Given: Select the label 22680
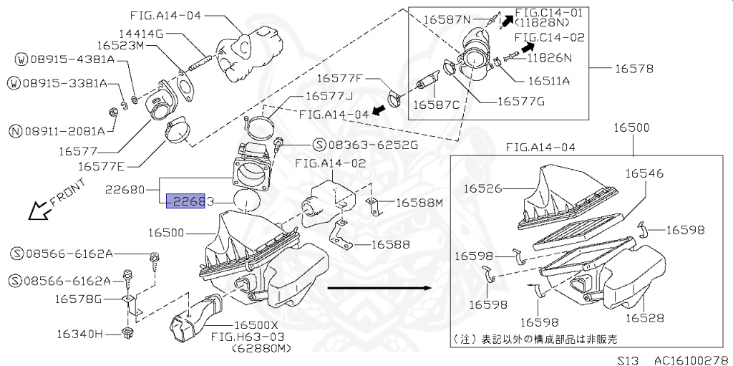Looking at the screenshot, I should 125,191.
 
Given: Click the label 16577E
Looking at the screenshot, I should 101,166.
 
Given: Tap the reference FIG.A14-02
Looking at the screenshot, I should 330,163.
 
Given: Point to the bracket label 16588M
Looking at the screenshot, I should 419,203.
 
